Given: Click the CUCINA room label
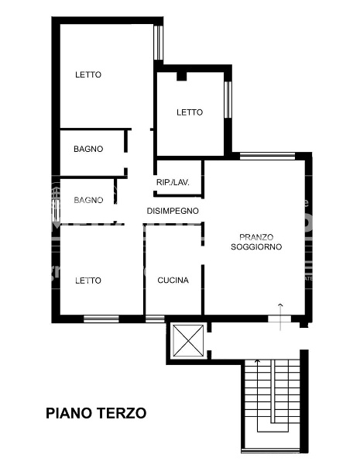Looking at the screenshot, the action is tap(173, 281).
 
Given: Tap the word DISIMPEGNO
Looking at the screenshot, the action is tap(173, 211).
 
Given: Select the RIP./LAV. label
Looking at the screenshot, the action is tap(173, 182).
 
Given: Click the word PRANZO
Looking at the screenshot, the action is tap(256, 237).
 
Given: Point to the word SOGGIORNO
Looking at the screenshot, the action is tap(256, 246).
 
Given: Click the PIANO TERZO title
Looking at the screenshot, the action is tap(96, 413).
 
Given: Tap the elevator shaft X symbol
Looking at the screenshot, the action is tap(188, 340).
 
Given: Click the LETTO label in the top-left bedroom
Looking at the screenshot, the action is tap(88, 74).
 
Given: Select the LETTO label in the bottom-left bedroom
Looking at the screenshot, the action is tap(88, 281).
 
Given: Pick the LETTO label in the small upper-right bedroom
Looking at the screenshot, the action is tap(190, 112).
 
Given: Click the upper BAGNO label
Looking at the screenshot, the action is tap(88, 149).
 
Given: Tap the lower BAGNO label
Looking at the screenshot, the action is tap(88, 200).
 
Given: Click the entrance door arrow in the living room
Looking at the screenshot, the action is tap(280, 317).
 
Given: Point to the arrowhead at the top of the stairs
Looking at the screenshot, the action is tap(258, 361).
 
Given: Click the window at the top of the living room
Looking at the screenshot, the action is tap(267, 156).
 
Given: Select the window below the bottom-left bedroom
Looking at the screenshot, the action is tap(101, 319).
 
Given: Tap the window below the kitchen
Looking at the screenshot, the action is tap(155, 319).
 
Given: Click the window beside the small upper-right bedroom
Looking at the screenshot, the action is tap(228, 100).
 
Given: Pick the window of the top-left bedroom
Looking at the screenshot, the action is tap(159, 43).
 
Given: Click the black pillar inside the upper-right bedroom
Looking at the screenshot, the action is tap(182, 76).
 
